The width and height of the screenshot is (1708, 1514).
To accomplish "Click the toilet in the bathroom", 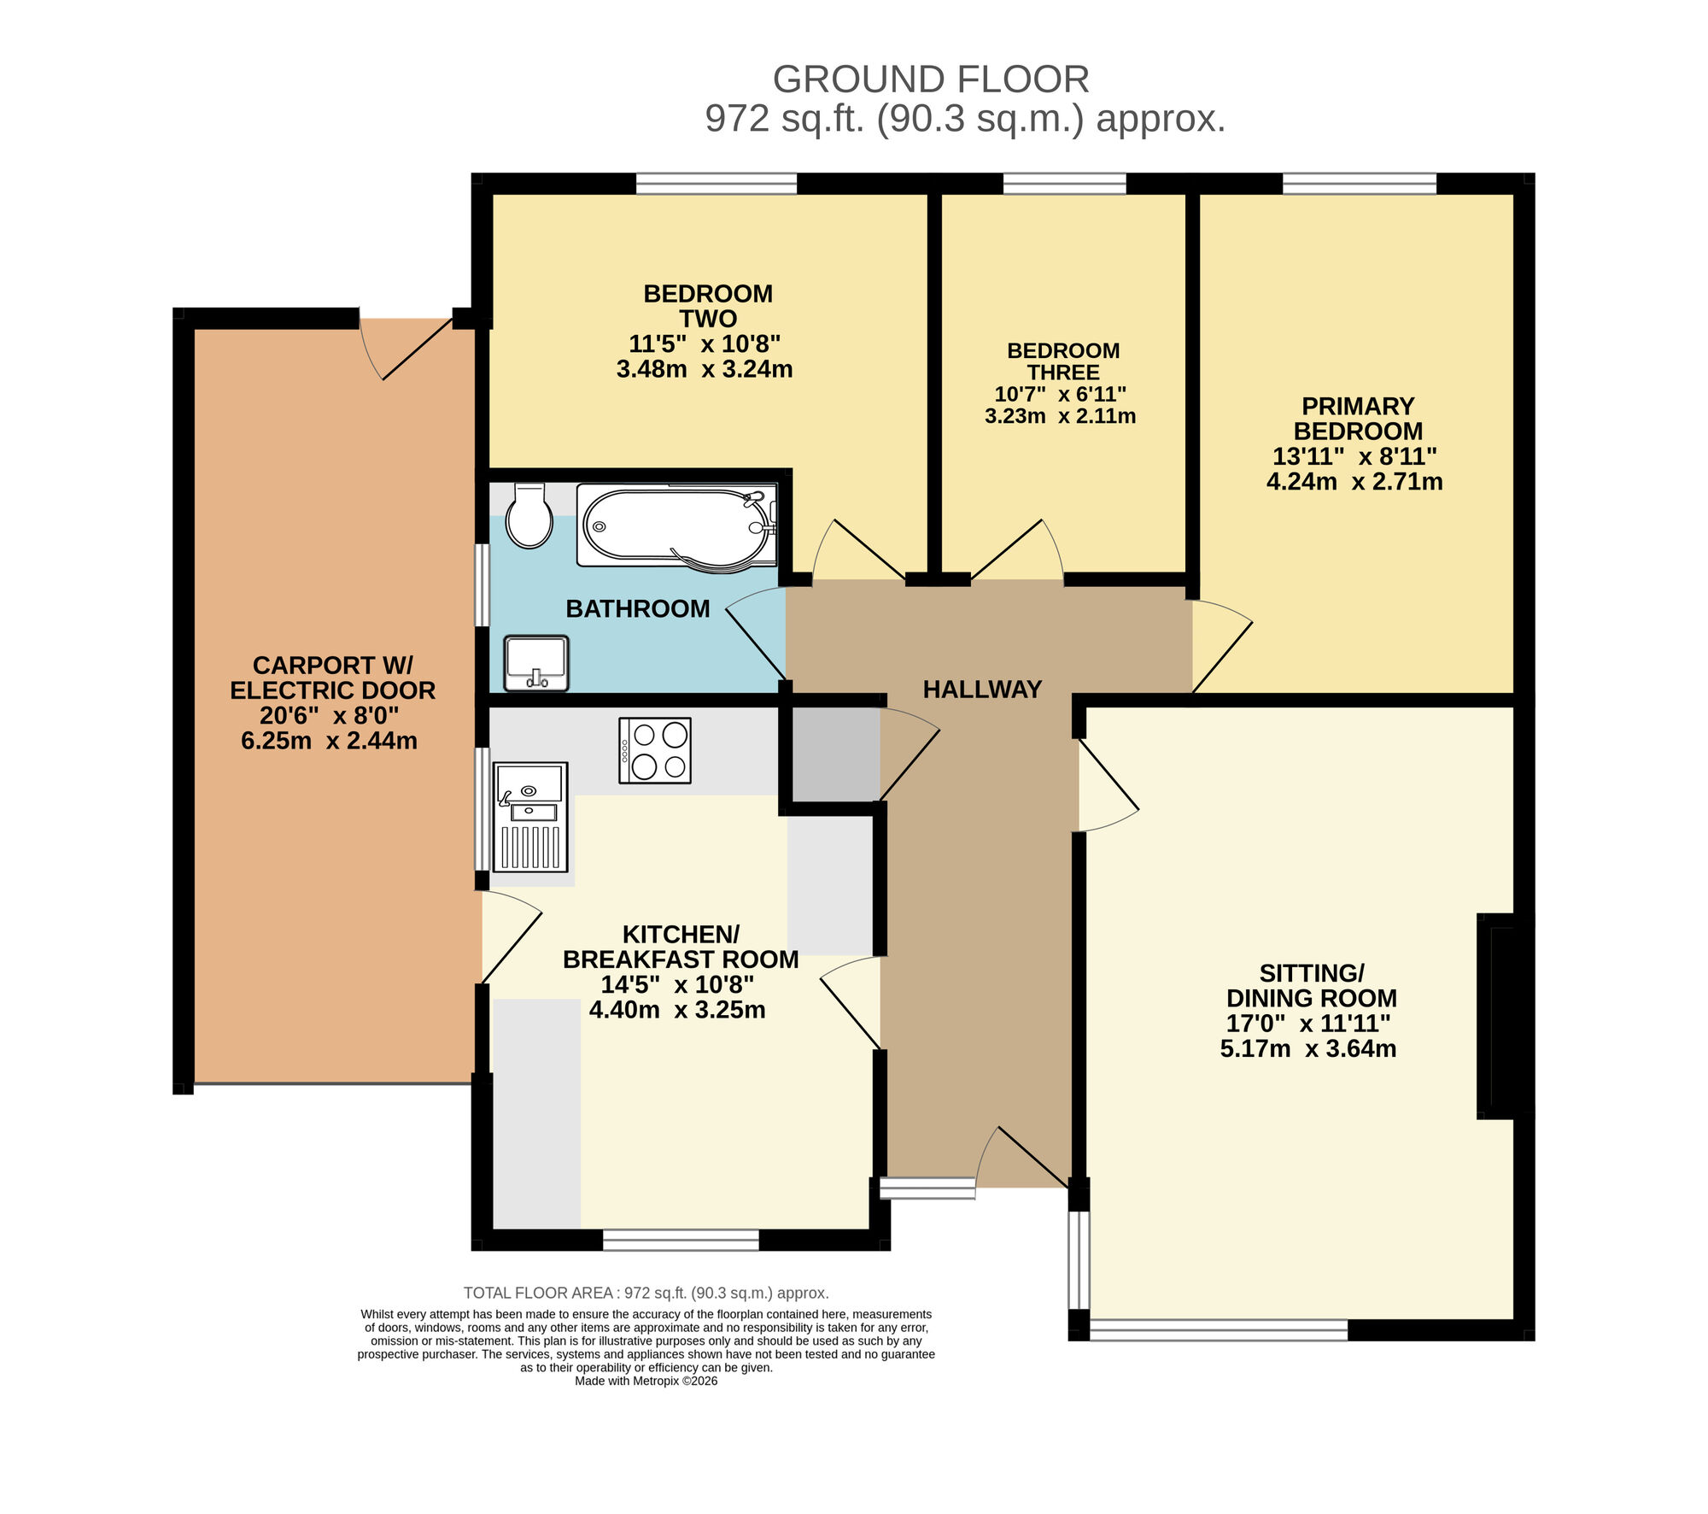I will point(529,518).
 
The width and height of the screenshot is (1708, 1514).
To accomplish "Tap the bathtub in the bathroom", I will point(676,526).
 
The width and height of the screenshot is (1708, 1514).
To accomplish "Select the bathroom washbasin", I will point(536,663).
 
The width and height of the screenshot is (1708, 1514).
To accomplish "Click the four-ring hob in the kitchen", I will point(655,750).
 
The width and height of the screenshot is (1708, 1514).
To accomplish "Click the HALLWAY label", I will point(982,690).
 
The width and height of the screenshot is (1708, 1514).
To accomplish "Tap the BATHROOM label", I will point(638,609).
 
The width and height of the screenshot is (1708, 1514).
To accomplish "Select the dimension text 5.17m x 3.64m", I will point(1308,1048).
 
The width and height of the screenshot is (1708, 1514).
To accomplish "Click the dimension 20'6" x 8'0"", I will point(330,715).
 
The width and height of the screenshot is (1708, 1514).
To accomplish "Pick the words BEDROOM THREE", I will point(1063,361).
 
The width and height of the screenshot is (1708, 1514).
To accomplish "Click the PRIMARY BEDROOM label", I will point(1358,419).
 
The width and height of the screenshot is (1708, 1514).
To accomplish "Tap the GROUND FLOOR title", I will point(931,80).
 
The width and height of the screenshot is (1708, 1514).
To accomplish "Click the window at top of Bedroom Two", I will point(717,184).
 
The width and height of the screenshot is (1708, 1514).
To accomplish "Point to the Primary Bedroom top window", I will point(1360,184).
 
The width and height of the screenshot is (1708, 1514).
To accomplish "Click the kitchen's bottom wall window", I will point(681,1240).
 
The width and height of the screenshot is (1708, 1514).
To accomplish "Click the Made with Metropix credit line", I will point(646,1381).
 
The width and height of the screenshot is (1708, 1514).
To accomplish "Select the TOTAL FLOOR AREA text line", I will point(646,1293).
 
